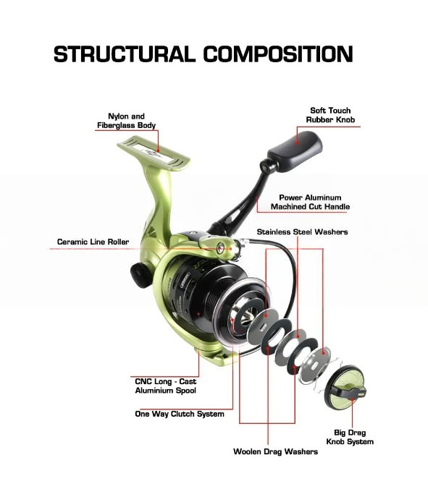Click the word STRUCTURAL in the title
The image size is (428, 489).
tap(125, 54)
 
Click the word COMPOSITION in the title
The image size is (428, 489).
tap(278, 54)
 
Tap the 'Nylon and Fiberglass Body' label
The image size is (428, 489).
tap(127, 121)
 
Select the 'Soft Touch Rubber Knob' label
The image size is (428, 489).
tap(330, 115)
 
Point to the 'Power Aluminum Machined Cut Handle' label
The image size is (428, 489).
tap(310, 202)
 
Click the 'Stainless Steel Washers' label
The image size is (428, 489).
tap(302, 231)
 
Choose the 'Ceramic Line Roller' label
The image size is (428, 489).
tap(93, 242)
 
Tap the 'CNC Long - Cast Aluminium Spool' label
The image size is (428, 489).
tap(165, 386)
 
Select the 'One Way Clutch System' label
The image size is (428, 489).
tap(180, 414)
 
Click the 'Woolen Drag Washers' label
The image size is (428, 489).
tap(275, 451)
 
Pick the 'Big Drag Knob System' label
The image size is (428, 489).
tap(350, 437)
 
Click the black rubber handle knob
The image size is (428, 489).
tap(295, 150)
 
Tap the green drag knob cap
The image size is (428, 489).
tap(345, 388)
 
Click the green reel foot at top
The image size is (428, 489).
tap(154, 153)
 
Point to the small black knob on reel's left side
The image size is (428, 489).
tap(140, 274)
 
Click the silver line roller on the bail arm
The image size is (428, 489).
tap(221, 248)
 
